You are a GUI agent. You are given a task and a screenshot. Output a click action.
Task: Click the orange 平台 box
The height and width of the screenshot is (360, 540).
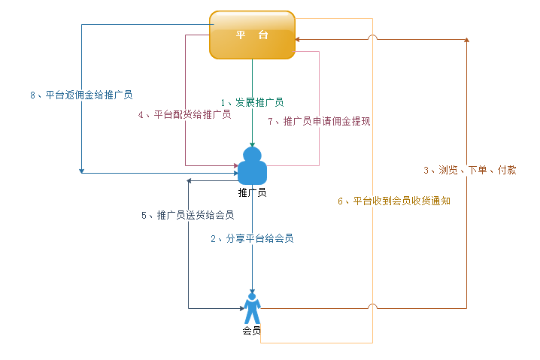[x=252, y=35]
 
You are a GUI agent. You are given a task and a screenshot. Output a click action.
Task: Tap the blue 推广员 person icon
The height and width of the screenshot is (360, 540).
[x=252, y=166]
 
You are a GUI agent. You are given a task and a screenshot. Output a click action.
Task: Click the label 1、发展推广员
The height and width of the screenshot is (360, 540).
[x=252, y=102]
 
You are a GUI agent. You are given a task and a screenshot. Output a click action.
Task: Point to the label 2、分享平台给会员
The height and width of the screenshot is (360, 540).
[x=252, y=238]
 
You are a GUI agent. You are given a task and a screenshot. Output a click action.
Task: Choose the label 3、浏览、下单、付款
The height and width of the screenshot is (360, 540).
[x=469, y=170]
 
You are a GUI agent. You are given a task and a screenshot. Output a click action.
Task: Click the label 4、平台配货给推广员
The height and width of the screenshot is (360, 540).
[x=184, y=115]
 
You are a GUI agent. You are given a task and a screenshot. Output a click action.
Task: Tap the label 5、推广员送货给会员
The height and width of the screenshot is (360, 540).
[x=188, y=215]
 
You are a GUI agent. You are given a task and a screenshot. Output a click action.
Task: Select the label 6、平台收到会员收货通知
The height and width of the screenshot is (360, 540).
[x=393, y=201]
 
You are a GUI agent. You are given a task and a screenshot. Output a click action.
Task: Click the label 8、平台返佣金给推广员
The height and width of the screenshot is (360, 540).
[x=81, y=95]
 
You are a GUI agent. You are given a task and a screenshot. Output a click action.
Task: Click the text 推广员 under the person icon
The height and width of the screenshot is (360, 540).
[x=252, y=192]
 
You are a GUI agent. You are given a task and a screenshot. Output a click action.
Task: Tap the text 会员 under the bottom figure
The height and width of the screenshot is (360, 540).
[x=252, y=331]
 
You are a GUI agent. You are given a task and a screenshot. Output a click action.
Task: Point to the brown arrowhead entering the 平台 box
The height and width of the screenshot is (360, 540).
[x=299, y=39]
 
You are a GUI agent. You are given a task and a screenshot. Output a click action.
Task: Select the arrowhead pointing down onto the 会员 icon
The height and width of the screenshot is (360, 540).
[x=252, y=292]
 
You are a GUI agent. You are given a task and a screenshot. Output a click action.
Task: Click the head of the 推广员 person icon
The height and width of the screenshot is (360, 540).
[x=252, y=154]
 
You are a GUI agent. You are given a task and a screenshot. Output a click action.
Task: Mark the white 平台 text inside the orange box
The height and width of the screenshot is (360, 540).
[x=252, y=35]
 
